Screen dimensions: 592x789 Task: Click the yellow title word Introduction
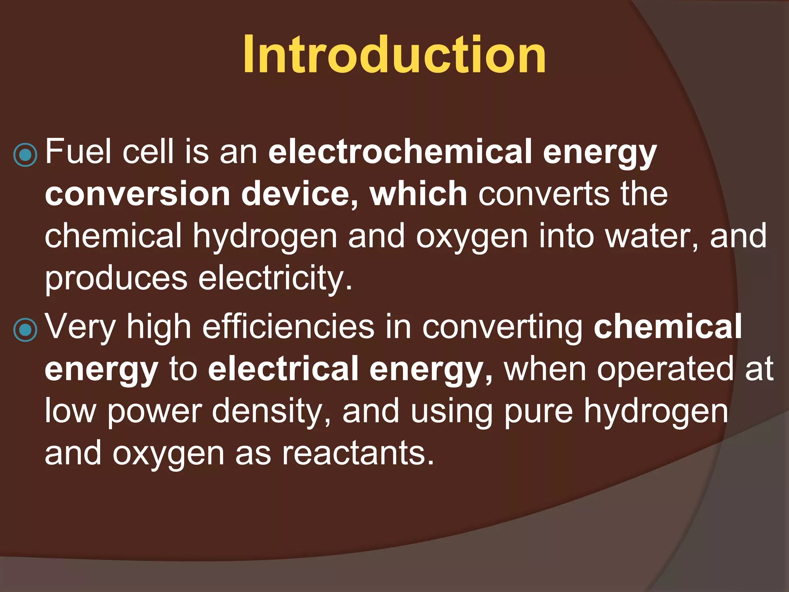(x=394, y=54)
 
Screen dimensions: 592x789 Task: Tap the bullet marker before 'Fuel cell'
(x=25, y=155)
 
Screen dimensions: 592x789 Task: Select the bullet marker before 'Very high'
(x=25, y=330)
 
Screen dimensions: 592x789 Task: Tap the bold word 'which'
(x=418, y=194)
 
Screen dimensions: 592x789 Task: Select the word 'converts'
(x=544, y=194)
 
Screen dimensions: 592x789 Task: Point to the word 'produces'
(x=116, y=279)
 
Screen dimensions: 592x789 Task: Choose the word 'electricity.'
(x=275, y=279)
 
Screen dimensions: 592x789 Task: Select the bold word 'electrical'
(x=283, y=369)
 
